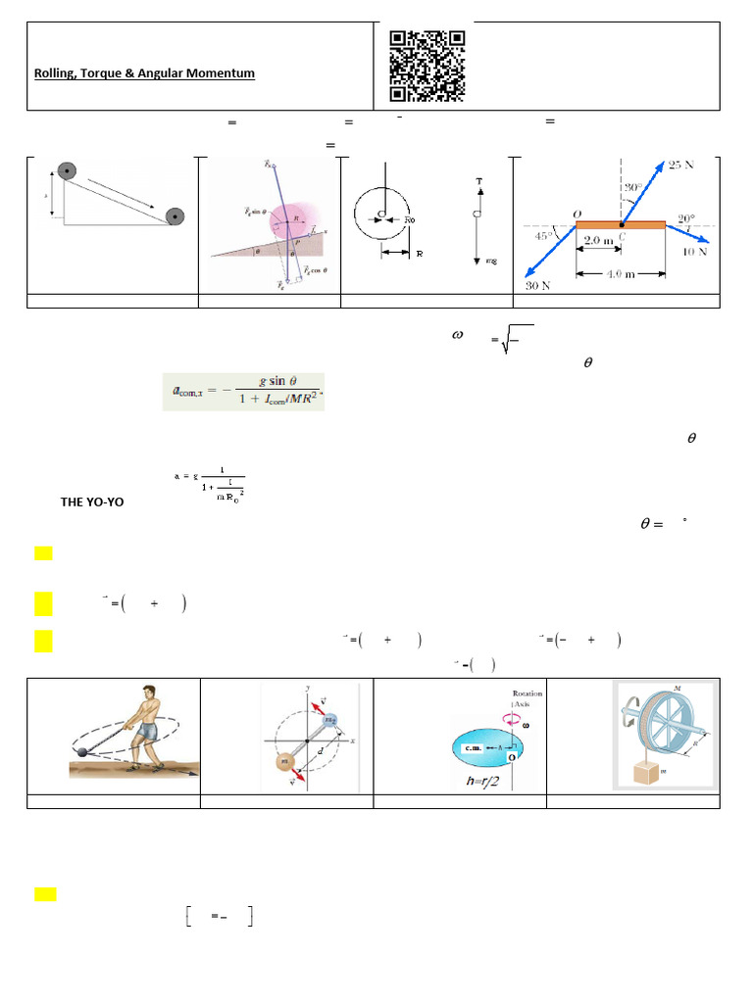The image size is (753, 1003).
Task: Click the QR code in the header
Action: [x=427, y=66]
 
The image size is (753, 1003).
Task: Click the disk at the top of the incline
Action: [x=66, y=171]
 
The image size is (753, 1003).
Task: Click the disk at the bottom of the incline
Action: [x=176, y=216]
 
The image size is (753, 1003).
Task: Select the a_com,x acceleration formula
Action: [x=243, y=392]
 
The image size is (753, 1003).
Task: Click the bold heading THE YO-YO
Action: [x=92, y=501]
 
